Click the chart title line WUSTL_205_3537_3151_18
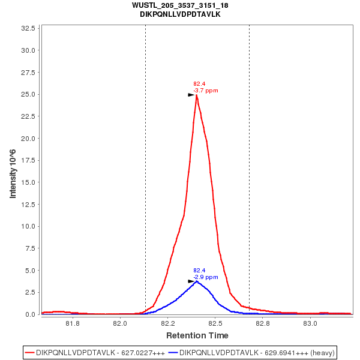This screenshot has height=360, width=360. [x=180, y=5]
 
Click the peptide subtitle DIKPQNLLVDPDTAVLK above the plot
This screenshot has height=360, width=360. [x=180, y=14]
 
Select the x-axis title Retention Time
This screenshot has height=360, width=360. [x=197, y=335]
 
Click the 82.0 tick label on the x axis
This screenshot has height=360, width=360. [x=120, y=324]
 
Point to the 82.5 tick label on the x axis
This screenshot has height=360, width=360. [x=215, y=324]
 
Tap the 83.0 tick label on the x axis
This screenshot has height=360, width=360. [x=310, y=324]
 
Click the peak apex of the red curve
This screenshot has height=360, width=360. [x=196, y=95]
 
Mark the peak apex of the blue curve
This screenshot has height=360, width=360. [x=196, y=281]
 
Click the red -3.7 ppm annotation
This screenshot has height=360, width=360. [x=206, y=91]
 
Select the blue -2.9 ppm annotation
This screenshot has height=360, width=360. [x=206, y=277]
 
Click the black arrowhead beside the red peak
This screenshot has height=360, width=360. [x=191, y=95]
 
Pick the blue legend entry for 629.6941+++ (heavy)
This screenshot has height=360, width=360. [x=252, y=352]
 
